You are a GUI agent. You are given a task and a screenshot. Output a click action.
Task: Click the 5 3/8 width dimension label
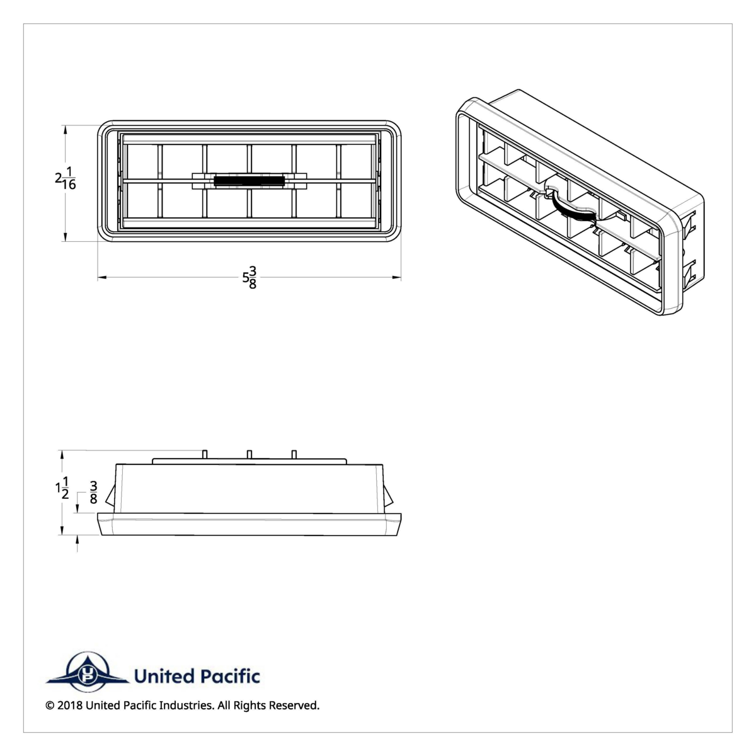pos(249,277)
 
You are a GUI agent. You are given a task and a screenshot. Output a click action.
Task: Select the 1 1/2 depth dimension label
pos(62,488)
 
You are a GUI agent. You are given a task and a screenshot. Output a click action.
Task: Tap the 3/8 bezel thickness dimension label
pos(93,493)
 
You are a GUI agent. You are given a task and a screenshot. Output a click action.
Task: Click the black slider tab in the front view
pos(249,181)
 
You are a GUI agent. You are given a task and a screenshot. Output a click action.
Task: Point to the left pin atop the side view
pos(205,454)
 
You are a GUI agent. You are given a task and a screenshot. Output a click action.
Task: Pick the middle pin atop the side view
pos(249,454)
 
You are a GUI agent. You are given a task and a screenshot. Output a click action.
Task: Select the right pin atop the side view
pos(294,454)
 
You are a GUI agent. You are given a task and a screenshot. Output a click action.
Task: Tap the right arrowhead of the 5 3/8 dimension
pos(397,277)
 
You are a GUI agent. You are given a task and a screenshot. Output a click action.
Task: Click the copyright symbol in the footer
pos(50,706)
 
